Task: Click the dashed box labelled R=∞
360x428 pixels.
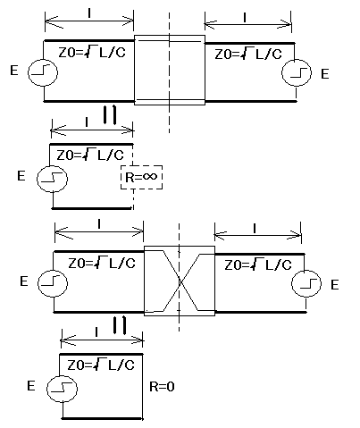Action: point(141,165)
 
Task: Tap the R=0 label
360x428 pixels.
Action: point(162,387)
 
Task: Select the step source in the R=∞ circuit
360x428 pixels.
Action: point(52,179)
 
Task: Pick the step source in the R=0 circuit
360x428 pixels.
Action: point(62,389)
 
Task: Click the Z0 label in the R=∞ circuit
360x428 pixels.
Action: point(90,155)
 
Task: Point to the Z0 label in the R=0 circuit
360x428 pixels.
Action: point(101,365)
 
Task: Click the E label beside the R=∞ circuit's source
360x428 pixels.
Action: point(21,176)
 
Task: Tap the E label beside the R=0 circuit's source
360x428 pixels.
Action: point(31,386)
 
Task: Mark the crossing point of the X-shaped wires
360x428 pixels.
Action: point(180,281)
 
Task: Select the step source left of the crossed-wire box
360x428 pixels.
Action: point(53,283)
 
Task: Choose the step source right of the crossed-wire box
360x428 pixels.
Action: point(306,283)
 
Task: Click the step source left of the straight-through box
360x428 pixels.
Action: point(43,72)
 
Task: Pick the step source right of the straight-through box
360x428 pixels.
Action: point(297,72)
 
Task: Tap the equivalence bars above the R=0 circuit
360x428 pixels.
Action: point(120,325)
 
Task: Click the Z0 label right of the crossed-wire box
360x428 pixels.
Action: point(258,265)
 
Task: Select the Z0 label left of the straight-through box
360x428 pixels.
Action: point(92,53)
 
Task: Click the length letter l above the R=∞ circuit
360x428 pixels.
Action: point(87,122)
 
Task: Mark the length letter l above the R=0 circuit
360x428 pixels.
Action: point(96,332)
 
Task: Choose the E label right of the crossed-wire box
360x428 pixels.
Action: point(335,285)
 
